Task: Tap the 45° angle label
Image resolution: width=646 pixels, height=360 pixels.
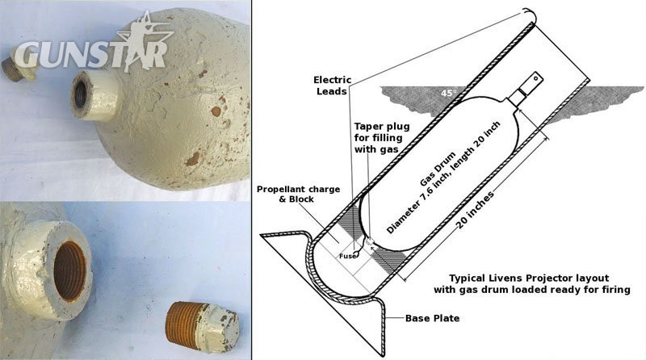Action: (x=449, y=93)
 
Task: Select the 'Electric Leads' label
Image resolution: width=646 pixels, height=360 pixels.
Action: (x=332, y=86)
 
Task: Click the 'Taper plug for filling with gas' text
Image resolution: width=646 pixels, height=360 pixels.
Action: (x=381, y=137)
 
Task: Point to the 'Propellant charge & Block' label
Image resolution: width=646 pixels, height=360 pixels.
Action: (x=298, y=194)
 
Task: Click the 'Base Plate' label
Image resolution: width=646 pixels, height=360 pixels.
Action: (x=432, y=318)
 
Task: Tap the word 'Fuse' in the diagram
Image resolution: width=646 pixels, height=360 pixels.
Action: (x=347, y=256)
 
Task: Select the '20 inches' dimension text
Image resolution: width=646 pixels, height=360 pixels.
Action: (x=475, y=211)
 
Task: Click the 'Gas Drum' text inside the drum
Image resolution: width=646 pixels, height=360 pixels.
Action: (x=438, y=169)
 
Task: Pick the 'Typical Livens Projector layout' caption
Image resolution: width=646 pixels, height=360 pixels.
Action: (x=529, y=278)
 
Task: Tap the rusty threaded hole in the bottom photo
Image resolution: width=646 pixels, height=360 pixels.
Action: (x=69, y=270)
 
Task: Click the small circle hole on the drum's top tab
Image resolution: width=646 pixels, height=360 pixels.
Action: (x=535, y=77)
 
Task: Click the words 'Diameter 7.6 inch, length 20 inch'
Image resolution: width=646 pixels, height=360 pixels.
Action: (x=443, y=178)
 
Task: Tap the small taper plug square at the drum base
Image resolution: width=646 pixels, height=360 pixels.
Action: (x=369, y=241)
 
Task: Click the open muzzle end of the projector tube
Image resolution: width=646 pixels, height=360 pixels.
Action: (x=530, y=15)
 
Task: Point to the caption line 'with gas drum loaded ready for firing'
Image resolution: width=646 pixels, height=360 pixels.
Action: (x=532, y=290)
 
